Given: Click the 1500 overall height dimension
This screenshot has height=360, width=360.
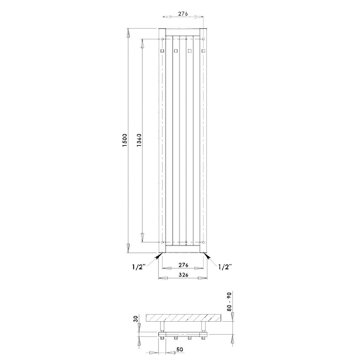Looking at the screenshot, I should [x=126, y=140].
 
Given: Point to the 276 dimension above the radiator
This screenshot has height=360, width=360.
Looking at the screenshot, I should [x=183, y=13].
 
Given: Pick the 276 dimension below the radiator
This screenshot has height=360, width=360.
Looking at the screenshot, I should [x=183, y=265].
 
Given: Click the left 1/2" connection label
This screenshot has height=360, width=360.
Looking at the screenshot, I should [x=139, y=267].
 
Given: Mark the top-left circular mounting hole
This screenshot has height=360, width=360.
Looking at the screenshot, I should [x=162, y=39].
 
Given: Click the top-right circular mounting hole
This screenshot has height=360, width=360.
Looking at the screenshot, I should [x=204, y=39].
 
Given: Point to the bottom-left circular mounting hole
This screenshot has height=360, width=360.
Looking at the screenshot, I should [x=162, y=242].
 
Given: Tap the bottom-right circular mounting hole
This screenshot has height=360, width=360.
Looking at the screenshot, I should [x=204, y=242].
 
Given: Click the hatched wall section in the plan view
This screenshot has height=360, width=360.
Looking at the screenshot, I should [x=183, y=318].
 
